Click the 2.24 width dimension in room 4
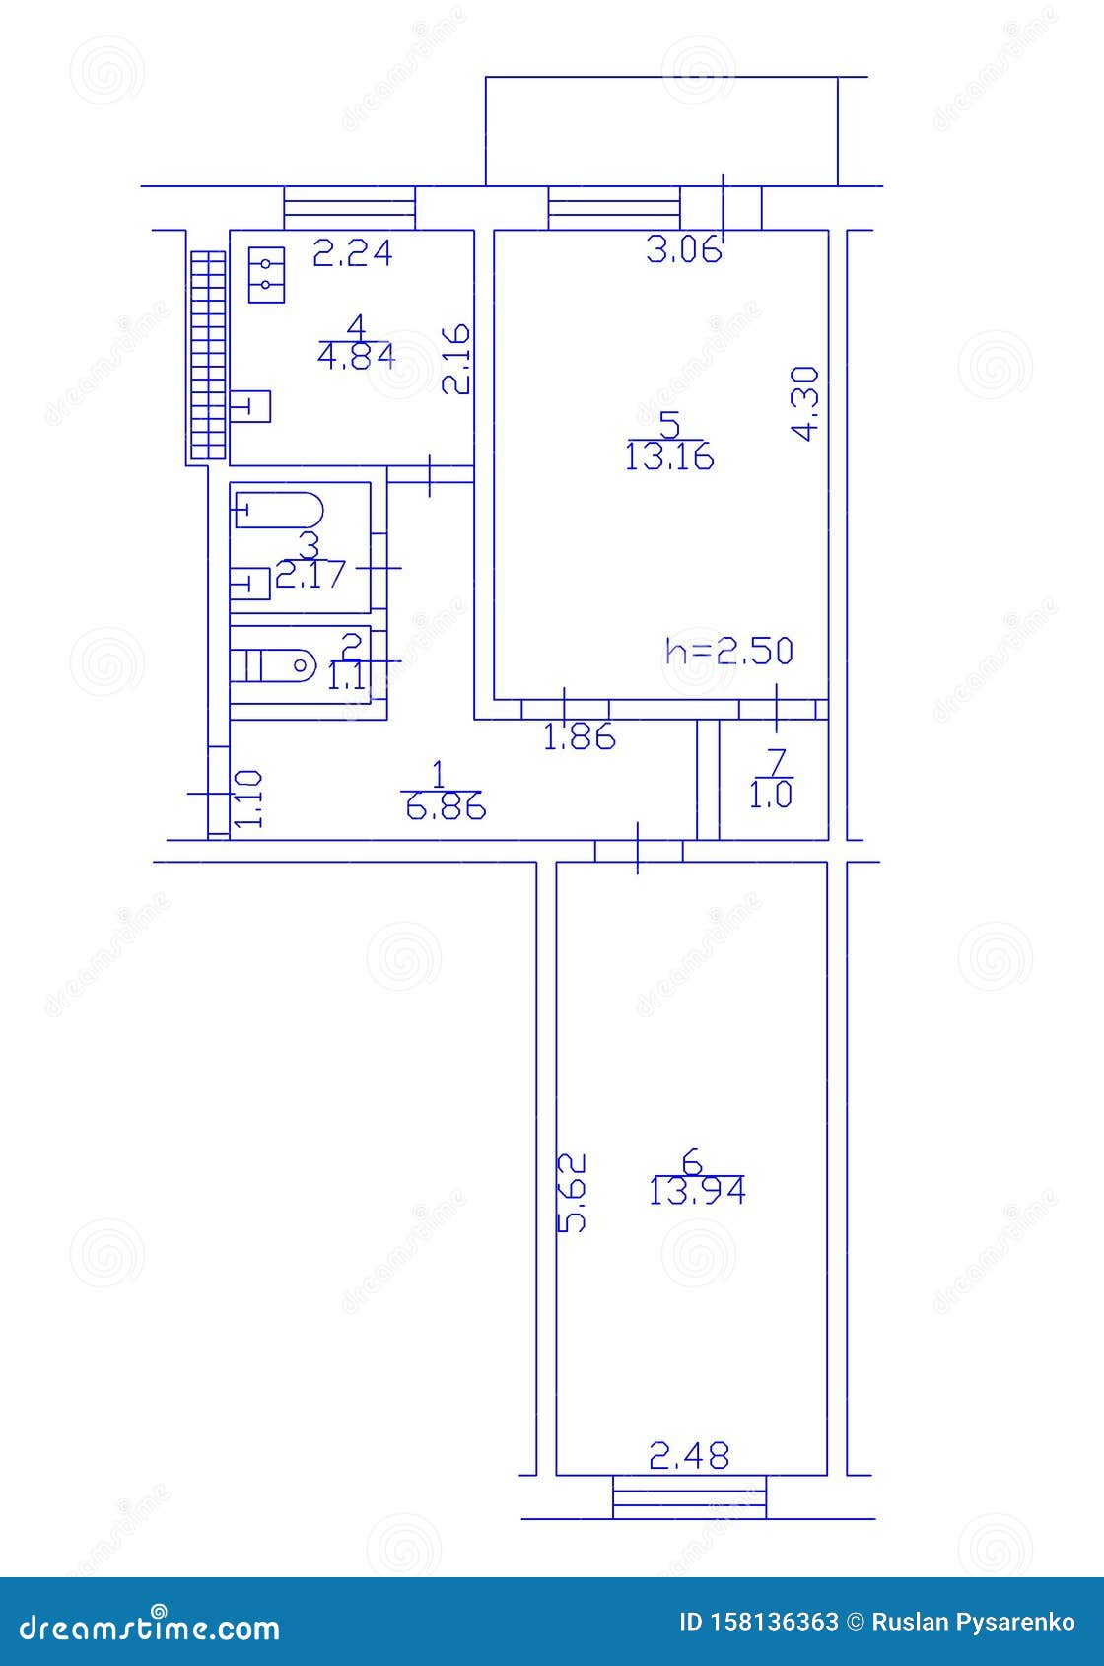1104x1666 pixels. (352, 254)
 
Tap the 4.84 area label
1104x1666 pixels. (357, 355)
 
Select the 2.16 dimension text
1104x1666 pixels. (455, 360)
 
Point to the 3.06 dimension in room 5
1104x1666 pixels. (684, 251)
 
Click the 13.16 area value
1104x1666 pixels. (669, 457)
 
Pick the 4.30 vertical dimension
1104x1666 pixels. (806, 403)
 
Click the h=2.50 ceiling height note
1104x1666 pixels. (729, 651)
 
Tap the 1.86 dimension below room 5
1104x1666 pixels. (580, 736)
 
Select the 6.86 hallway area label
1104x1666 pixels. (445, 807)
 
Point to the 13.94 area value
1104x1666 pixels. (697, 1192)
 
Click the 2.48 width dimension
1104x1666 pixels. (689, 1455)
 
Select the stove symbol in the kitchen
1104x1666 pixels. (266, 274)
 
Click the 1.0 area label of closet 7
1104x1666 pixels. (771, 796)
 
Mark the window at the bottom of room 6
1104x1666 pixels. (689, 1496)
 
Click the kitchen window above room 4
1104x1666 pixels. (349, 208)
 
